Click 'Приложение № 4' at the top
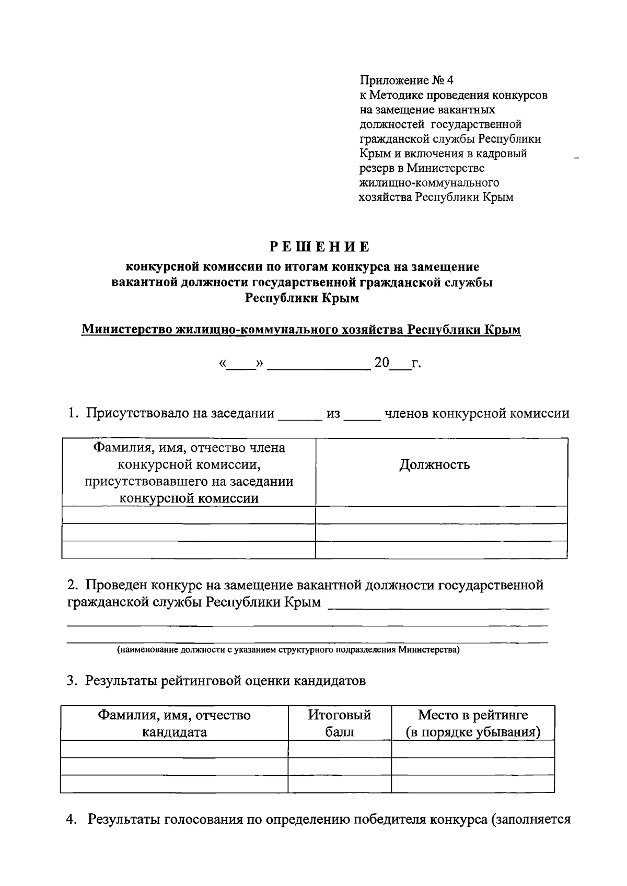tap(407, 80)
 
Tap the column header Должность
tap(434, 464)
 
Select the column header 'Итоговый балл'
tap(340, 723)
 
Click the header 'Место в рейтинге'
tap(473, 715)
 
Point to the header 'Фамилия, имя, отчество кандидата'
tap(175, 723)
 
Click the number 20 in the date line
tap(381, 363)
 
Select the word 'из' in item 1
tap(333, 414)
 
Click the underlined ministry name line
tap(301, 330)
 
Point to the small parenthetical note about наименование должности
tap(288, 650)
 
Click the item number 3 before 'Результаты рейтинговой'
tap(72, 681)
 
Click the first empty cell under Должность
tap(442, 515)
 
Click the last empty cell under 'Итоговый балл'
tap(340, 784)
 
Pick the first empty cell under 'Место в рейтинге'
tap(473, 749)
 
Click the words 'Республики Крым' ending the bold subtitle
tap(302, 298)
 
